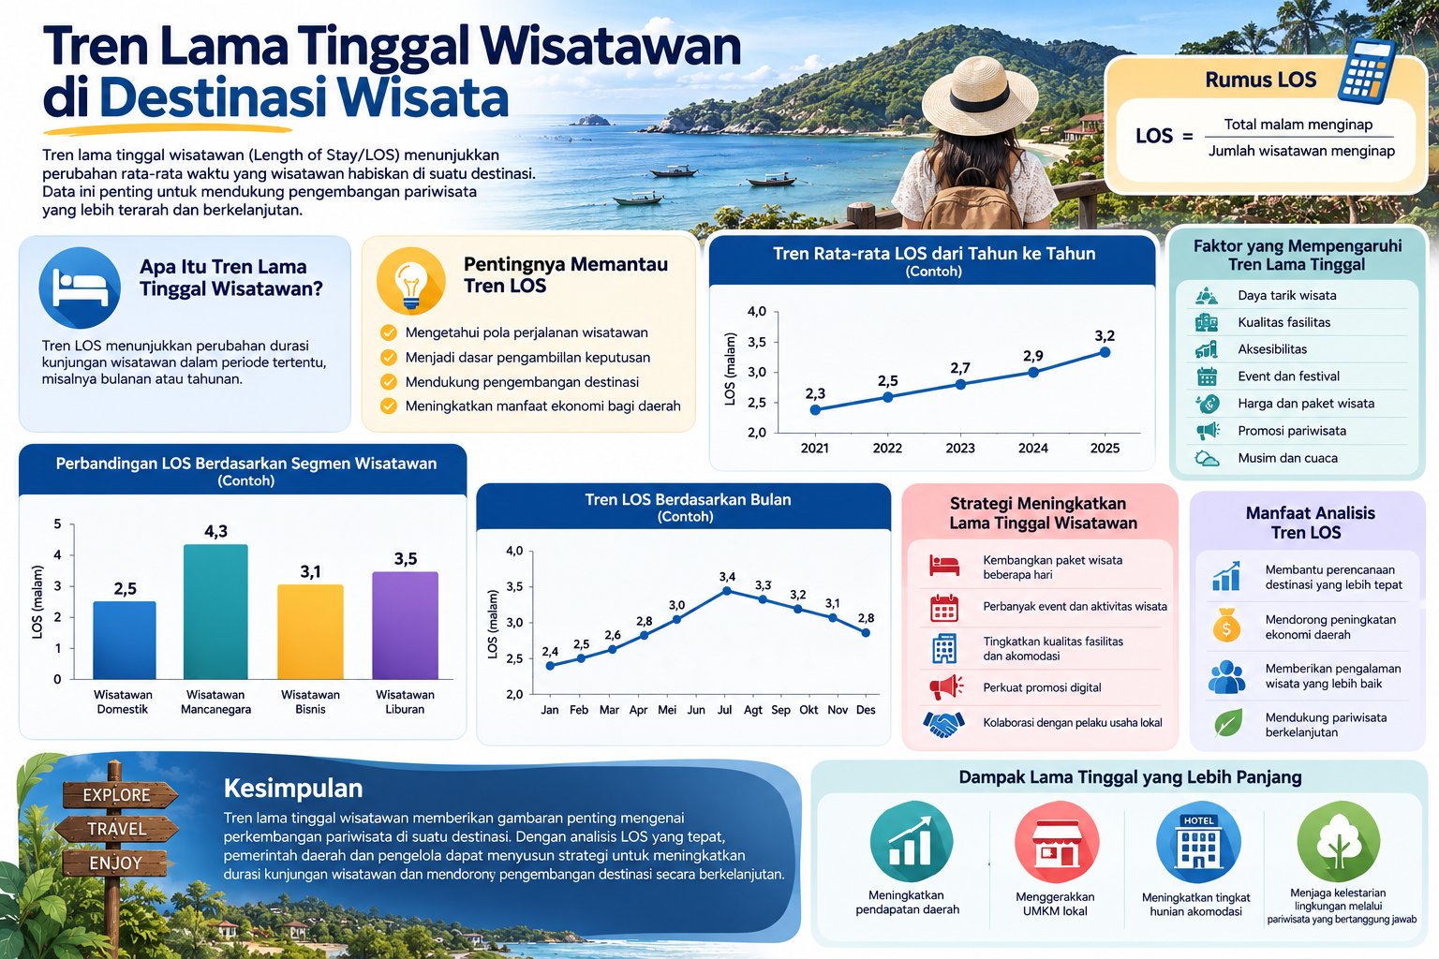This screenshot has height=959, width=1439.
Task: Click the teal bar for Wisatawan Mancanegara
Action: pyautogui.click(x=215, y=612)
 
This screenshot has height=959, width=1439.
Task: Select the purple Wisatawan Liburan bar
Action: pyautogui.click(x=406, y=625)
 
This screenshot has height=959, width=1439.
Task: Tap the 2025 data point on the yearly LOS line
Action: pyautogui.click(x=1105, y=352)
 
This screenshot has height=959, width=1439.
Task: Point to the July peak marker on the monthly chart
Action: pyautogui.click(x=727, y=591)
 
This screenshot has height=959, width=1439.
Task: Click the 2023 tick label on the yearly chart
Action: pyautogui.click(x=959, y=449)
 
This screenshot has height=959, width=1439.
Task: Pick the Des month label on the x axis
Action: pyautogui.click(x=866, y=710)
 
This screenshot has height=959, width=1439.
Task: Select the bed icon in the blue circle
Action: pyautogui.click(x=81, y=288)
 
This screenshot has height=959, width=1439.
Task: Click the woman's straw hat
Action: pyautogui.click(x=979, y=96)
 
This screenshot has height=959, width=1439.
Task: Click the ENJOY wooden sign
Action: pyautogui.click(x=115, y=863)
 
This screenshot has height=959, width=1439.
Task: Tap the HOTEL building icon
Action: pyautogui.click(x=1198, y=841)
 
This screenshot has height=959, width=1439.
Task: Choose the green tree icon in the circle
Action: pyautogui.click(x=1338, y=841)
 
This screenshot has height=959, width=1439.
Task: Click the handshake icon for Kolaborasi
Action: pyautogui.click(x=943, y=724)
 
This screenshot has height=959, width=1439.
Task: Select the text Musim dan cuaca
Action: pyautogui.click(x=1287, y=458)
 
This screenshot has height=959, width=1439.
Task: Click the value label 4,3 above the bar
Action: pyautogui.click(x=215, y=531)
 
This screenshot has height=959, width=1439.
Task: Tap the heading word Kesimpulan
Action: pyautogui.click(x=293, y=789)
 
